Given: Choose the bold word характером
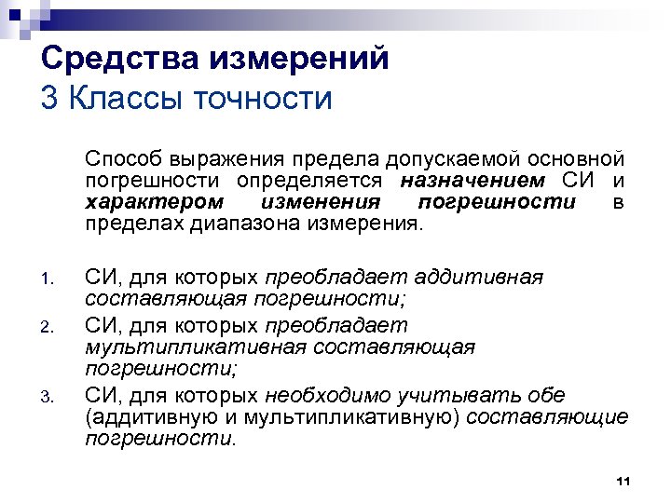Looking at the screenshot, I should [154, 202].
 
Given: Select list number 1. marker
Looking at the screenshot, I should [52, 279].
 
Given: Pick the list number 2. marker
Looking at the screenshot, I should [52, 327].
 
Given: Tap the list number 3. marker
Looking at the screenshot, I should [52, 397].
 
